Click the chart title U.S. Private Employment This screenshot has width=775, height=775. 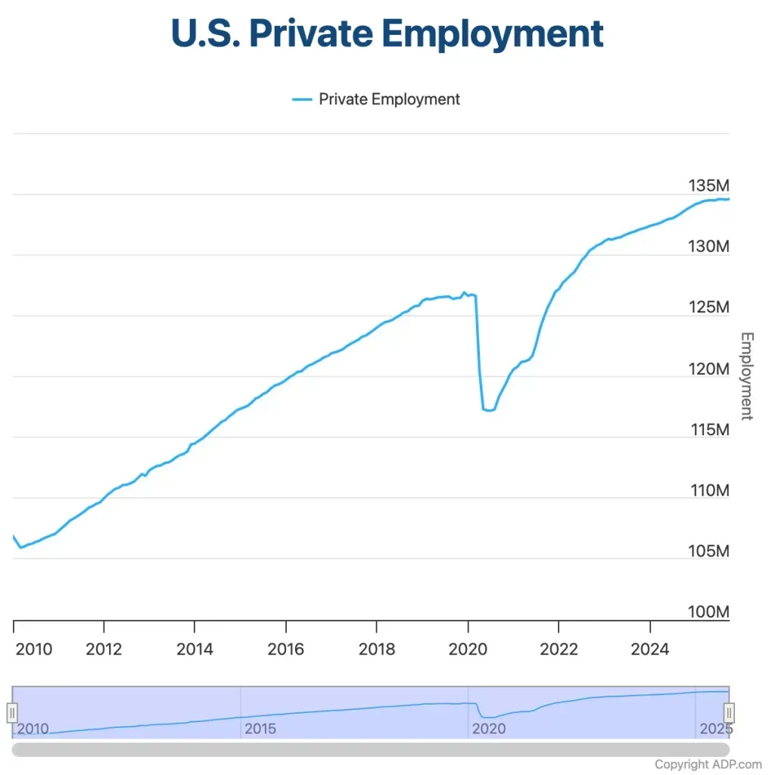387,33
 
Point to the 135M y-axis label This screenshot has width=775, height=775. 708,185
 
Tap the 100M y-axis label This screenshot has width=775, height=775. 708,612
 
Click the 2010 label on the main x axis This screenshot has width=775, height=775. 34,649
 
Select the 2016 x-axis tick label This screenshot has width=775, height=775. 285,649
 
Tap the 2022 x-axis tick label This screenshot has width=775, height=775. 559,649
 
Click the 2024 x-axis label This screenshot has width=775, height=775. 649,649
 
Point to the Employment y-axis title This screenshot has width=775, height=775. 746,376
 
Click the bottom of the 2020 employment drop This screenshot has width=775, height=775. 488,410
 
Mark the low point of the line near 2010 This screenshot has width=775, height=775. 20,546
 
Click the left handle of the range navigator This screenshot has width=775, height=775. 12,712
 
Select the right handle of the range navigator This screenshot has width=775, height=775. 729,712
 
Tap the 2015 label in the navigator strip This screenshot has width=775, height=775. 260,729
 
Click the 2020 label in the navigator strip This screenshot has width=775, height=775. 488,729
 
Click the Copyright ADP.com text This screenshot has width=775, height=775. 708,764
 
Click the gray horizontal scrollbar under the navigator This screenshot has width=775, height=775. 371,749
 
